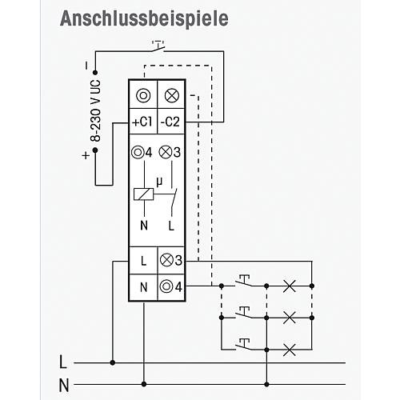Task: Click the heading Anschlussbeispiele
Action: [144, 19]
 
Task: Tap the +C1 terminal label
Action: [142, 122]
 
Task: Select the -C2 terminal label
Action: [170, 122]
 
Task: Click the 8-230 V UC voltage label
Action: [95, 110]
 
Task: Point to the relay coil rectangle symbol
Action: [143, 194]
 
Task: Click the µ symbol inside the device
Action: [159, 182]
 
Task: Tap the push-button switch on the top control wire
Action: [158, 46]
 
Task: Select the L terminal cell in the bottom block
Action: [143, 261]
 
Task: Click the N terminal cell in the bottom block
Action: [143, 287]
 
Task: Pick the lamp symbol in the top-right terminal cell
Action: [172, 95]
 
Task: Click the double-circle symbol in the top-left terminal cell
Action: [143, 95]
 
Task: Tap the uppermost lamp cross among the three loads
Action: [290, 286]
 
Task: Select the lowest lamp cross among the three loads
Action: [290, 350]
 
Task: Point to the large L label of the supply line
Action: [62, 362]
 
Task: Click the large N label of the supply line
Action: [64, 386]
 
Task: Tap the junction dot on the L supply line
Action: [113, 362]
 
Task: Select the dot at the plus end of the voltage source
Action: [95, 150]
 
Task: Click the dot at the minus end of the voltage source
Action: [95, 72]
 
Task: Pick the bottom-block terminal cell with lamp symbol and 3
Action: [171, 261]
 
